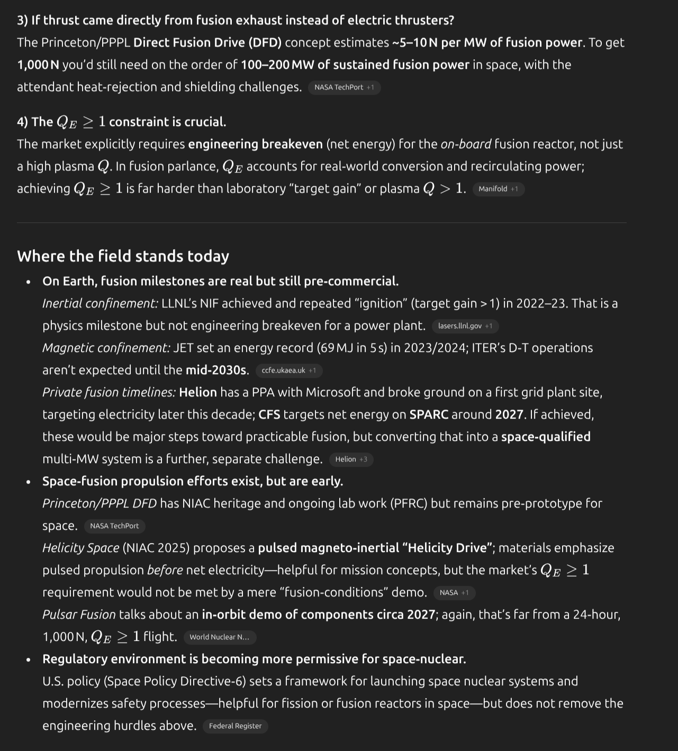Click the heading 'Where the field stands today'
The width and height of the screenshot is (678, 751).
point(123,256)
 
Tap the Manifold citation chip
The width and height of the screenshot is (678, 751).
point(498,189)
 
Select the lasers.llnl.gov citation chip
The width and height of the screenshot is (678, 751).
point(465,326)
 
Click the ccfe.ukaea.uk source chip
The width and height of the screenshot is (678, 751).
point(288,370)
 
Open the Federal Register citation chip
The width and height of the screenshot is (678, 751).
point(235,726)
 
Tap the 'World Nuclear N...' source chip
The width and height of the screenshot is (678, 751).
point(220,637)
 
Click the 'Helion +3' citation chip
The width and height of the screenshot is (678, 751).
point(351,459)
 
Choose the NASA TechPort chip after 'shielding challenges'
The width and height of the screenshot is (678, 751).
point(344,87)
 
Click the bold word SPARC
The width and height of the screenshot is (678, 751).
point(429,414)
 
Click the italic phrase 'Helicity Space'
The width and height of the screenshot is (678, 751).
point(80,548)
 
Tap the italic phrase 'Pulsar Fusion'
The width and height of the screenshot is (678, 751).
point(79,614)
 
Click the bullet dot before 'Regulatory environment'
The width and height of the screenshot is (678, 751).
point(29,659)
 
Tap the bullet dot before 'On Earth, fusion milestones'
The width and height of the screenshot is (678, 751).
point(29,282)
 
